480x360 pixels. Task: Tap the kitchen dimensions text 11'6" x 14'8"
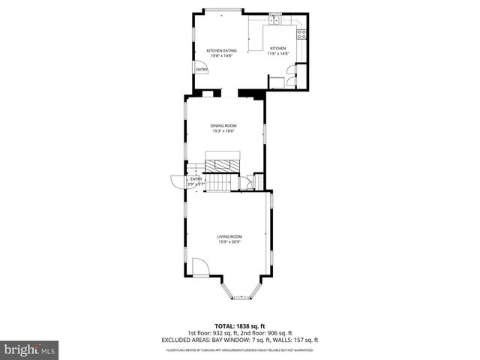coord(278,54)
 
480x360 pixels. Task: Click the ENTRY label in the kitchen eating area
coord(201,70)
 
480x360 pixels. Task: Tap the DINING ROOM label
coord(223,127)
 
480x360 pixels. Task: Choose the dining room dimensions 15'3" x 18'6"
coord(223,132)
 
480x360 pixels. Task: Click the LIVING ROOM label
coord(229,236)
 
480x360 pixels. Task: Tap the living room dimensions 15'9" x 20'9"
coord(229,241)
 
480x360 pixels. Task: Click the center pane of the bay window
coord(240,298)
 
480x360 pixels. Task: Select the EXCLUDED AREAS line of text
coord(239,340)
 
